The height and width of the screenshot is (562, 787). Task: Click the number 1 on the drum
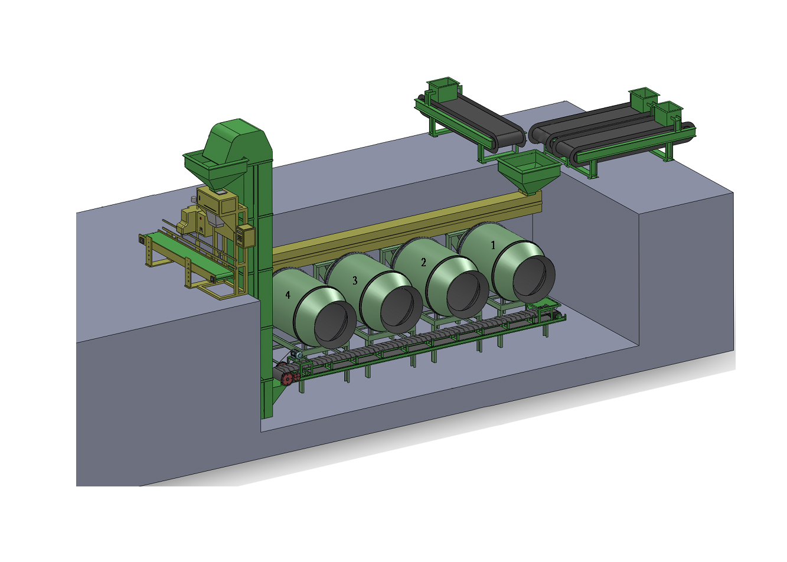[493, 245]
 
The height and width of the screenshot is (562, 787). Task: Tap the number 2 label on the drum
[423, 262]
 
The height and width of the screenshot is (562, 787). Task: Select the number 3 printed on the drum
[355, 280]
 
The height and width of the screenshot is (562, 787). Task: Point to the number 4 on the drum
[288, 295]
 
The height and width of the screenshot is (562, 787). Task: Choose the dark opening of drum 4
[332, 326]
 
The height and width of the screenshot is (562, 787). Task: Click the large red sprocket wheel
[288, 379]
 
